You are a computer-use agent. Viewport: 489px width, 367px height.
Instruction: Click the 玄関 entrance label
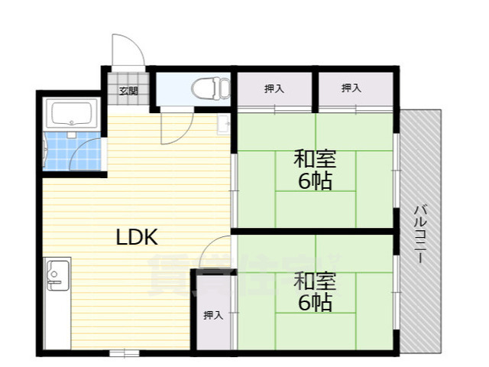(127, 91)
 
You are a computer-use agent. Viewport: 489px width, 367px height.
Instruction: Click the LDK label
(137, 237)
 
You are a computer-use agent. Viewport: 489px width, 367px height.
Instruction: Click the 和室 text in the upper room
(315, 161)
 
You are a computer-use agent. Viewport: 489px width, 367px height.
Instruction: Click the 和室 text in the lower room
(315, 280)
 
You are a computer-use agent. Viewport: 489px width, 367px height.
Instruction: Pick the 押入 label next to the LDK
(213, 315)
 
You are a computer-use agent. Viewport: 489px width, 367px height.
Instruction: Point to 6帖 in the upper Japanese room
(315, 183)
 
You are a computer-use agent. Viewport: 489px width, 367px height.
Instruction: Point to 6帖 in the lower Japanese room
(315, 302)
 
